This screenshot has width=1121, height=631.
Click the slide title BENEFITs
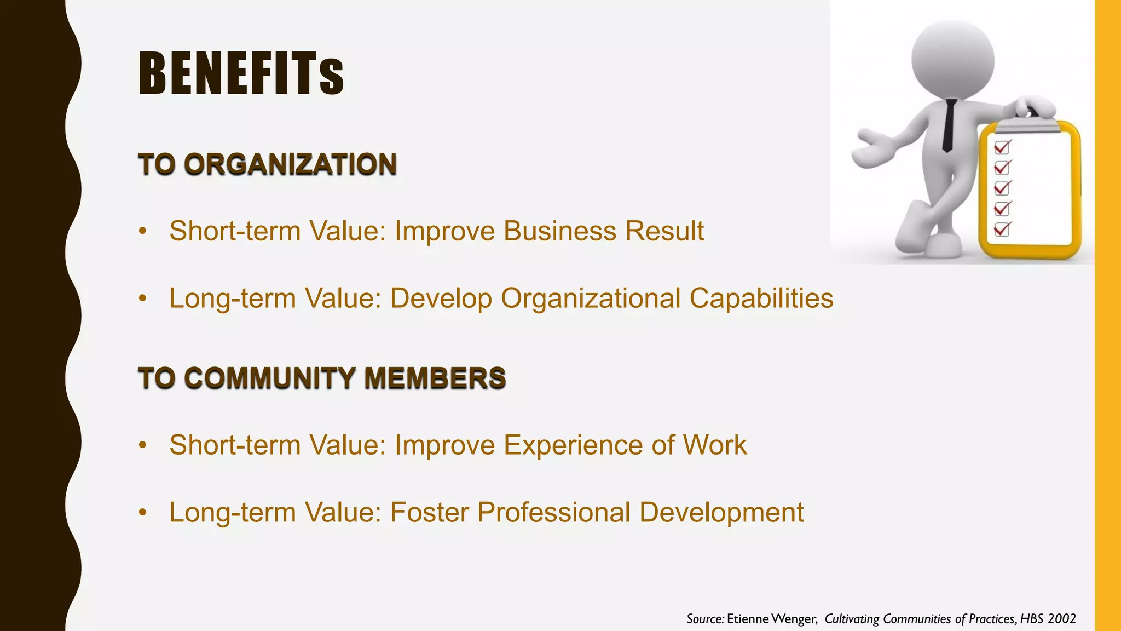pos(241,73)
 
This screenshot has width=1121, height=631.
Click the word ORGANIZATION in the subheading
pos(290,164)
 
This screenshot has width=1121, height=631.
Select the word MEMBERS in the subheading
pos(435,378)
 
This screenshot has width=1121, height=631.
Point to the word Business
pos(560,231)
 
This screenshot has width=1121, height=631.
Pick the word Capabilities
pos(761,299)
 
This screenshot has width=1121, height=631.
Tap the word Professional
pos(554,513)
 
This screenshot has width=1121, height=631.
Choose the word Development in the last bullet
pos(721,513)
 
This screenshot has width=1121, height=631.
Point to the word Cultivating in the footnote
pos(852,619)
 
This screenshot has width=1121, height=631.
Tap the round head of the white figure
pos(952,59)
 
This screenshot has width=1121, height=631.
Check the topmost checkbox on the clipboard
pos(1002,147)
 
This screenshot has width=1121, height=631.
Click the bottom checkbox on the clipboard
pos(1002,229)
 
